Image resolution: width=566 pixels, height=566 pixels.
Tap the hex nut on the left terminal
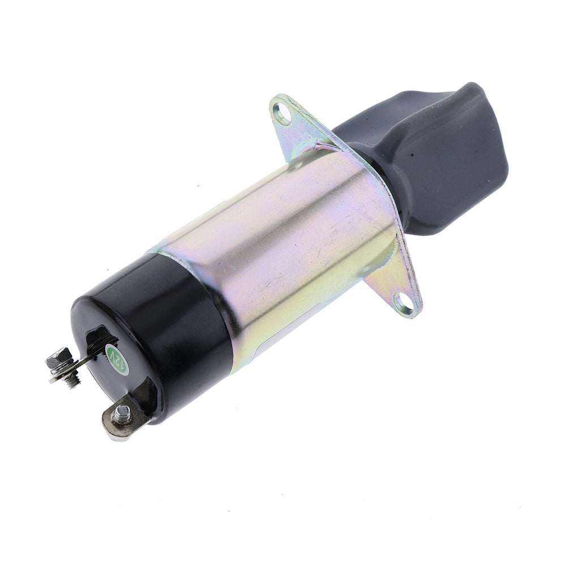59,358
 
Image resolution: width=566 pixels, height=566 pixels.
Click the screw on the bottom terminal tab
121,415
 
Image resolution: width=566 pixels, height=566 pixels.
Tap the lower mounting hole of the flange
404,303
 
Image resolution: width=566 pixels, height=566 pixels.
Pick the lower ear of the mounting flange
396,294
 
